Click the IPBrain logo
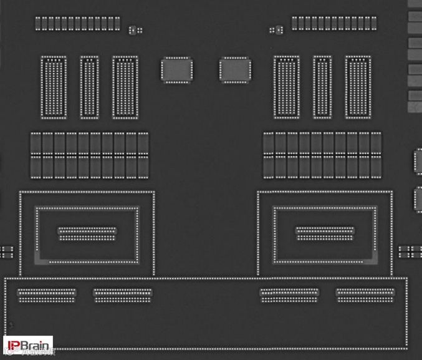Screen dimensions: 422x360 point(28,344)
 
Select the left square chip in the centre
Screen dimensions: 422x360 point(176,70)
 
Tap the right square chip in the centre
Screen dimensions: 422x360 point(235,70)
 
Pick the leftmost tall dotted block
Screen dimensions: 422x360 point(54,87)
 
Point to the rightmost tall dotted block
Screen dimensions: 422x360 point(358,87)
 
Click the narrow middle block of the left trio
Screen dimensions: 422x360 point(89,87)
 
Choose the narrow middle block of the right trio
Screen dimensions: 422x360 point(322,87)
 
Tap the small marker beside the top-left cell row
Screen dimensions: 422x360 point(135,29)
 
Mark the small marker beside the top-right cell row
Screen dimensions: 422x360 point(276,29)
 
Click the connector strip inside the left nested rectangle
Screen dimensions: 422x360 point(87,233)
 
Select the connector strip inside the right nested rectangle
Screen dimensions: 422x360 point(325,233)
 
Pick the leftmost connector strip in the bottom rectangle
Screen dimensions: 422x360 point(47,295)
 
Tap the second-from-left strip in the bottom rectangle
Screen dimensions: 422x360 point(123,295)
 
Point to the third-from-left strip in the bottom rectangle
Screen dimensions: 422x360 point(289,295)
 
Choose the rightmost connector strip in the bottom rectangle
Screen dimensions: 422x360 point(365,295)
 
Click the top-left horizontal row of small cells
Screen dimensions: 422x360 point(77,24)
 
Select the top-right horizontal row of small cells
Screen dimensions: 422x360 point(333,24)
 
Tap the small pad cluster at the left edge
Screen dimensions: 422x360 point(6,251)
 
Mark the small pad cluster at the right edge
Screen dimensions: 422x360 point(410,251)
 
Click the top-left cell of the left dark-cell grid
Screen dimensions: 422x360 point(36,144)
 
